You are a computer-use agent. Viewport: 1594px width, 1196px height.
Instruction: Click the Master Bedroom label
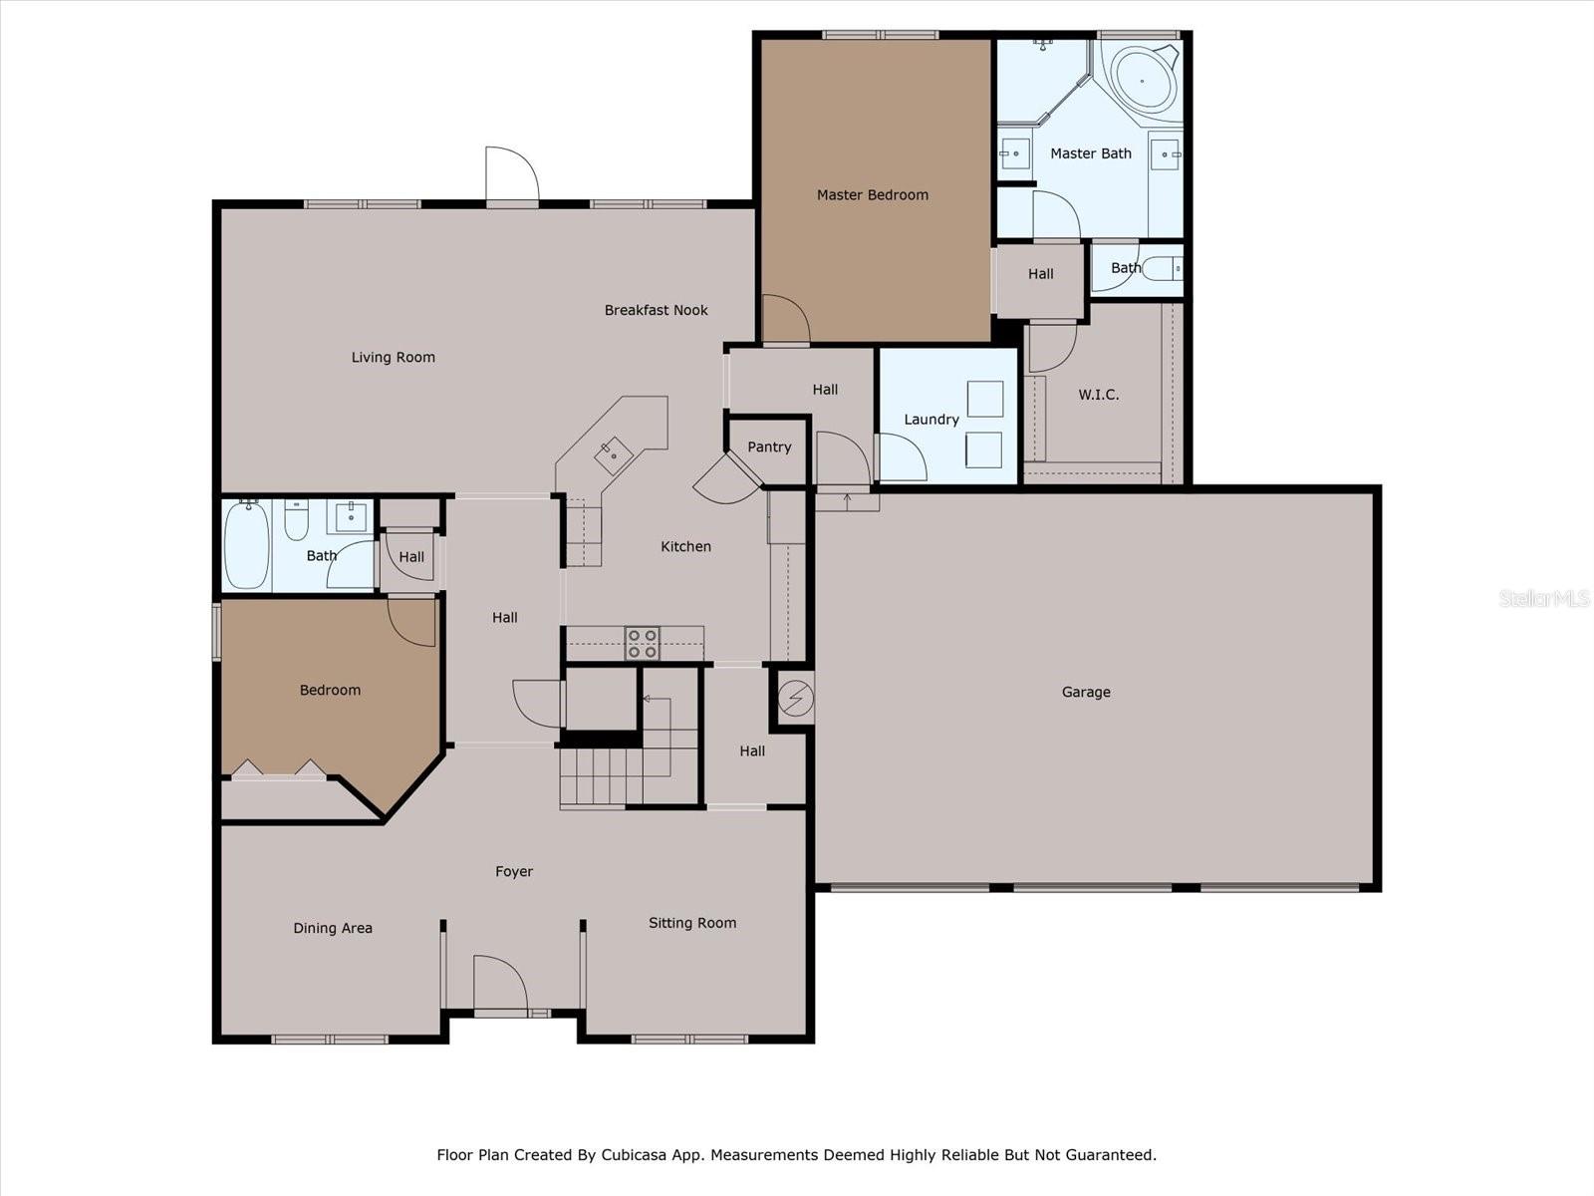(872, 195)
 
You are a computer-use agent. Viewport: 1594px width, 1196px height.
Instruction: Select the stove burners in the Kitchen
(642, 643)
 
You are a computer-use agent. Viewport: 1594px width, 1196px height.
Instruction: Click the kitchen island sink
(614, 455)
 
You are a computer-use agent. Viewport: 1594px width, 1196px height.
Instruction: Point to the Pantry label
(769, 448)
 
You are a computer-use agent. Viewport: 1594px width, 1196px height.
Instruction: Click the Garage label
(1085, 692)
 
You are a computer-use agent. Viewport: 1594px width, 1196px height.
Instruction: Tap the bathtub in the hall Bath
(245, 546)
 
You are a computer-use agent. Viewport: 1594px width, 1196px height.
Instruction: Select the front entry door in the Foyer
(499, 985)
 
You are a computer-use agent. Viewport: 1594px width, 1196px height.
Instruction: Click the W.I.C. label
(1098, 395)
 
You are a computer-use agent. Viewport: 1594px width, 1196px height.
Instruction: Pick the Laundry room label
(930, 420)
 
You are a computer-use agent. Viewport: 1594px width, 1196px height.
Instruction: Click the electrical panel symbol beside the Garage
(795, 699)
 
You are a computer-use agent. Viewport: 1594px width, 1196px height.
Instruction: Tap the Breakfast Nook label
(656, 310)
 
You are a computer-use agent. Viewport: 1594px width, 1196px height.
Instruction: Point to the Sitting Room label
(691, 923)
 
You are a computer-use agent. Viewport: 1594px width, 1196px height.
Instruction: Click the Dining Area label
(332, 928)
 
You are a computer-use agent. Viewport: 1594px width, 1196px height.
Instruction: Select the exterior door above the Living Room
(512, 177)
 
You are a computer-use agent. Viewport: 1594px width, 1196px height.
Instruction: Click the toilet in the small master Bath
(1163, 268)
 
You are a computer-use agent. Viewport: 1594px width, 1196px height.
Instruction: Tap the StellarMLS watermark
(1543, 598)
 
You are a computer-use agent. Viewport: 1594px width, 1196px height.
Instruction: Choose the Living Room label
(393, 358)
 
